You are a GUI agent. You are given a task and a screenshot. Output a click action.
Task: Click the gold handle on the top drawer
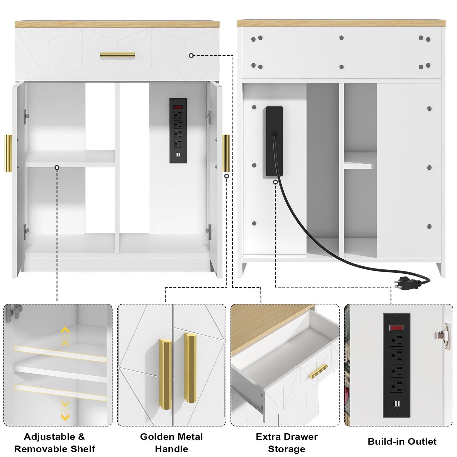(117, 55)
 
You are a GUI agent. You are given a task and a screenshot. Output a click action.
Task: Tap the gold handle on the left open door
(8, 153)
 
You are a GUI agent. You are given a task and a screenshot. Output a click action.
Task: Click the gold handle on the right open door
(226, 154)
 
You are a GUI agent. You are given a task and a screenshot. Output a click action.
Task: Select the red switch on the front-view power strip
(178, 107)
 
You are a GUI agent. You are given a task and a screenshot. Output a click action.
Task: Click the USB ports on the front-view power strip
(178, 155)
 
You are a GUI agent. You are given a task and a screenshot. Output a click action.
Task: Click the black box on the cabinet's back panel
(274, 141)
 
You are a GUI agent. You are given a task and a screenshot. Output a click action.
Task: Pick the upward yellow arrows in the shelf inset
(65, 336)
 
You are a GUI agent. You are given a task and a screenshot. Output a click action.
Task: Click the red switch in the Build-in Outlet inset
(396, 328)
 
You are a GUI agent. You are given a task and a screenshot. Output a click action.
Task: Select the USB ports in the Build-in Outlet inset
(396, 404)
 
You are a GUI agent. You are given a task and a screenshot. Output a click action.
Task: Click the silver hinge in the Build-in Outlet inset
(443, 336)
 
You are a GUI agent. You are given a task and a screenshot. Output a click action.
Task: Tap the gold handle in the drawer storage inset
(318, 371)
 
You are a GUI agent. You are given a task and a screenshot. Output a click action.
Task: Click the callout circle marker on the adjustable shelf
(57, 168)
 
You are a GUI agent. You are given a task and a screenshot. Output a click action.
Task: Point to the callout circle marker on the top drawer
(191, 55)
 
